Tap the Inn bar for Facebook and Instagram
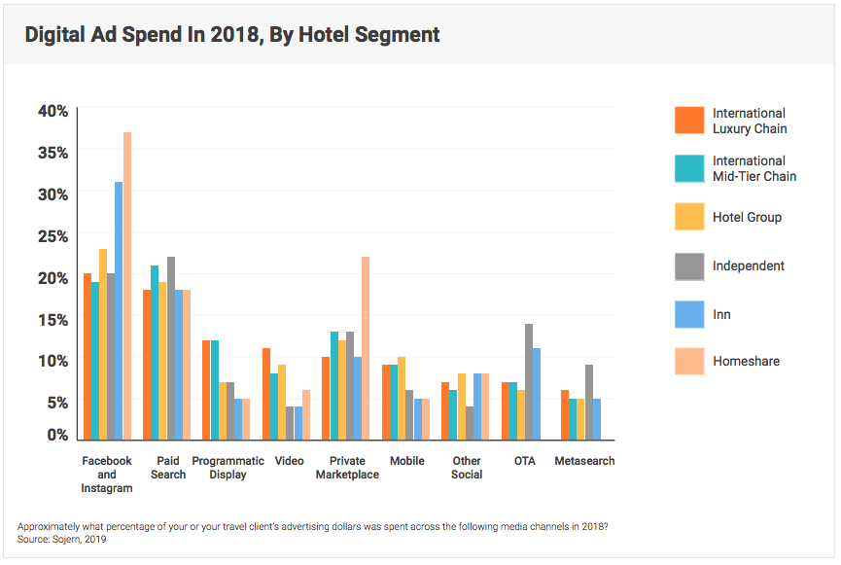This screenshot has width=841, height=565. coord(119,311)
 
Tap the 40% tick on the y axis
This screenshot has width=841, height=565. coord(53,111)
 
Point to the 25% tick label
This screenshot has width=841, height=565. coord(53,235)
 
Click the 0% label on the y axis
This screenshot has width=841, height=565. coord(57,435)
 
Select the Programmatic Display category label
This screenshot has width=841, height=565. coord(228,468)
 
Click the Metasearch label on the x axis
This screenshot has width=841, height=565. coord(584,461)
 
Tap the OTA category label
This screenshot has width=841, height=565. coord(525,461)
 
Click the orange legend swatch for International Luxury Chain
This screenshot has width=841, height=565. coord(689,121)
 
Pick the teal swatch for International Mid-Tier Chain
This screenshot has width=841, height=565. coord(689,168)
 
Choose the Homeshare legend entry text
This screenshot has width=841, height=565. coord(746,362)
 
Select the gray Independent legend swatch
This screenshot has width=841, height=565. coord(689,265)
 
